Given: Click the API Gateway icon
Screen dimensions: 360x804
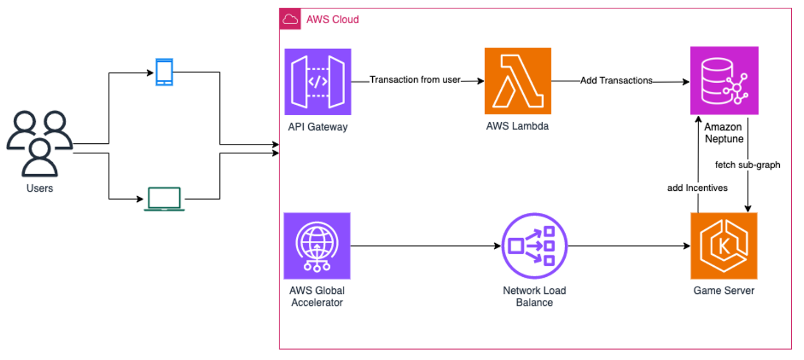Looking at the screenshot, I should click(x=318, y=81).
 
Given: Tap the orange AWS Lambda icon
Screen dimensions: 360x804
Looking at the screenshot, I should click(x=517, y=81).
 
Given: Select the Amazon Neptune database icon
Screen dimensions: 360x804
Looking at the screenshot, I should click(x=723, y=80).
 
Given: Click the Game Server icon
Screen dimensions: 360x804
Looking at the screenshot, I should click(x=723, y=246).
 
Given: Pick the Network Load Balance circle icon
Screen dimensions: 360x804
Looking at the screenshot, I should click(x=534, y=246).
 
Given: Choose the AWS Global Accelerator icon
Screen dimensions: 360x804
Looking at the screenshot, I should click(x=317, y=246).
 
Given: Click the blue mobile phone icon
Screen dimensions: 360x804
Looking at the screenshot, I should click(x=164, y=72).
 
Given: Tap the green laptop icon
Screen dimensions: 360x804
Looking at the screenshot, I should click(x=164, y=199).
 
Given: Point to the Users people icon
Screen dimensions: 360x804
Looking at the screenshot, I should click(x=40, y=142).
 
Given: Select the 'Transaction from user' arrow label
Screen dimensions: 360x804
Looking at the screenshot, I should click(x=415, y=80).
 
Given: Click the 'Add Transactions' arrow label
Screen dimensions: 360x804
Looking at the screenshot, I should click(x=616, y=80).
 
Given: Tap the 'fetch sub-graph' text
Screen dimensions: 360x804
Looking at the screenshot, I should click(x=747, y=164).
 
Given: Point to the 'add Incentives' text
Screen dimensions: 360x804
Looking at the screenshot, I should click(x=697, y=188).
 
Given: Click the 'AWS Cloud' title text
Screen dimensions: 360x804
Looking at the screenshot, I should click(x=332, y=20).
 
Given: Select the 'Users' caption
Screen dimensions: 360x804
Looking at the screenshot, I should click(x=40, y=189).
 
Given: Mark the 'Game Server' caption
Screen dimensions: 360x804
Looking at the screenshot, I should click(x=723, y=291).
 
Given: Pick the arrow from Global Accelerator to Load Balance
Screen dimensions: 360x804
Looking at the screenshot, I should click(x=425, y=246).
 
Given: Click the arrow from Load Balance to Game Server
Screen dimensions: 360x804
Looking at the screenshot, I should click(x=629, y=246).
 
